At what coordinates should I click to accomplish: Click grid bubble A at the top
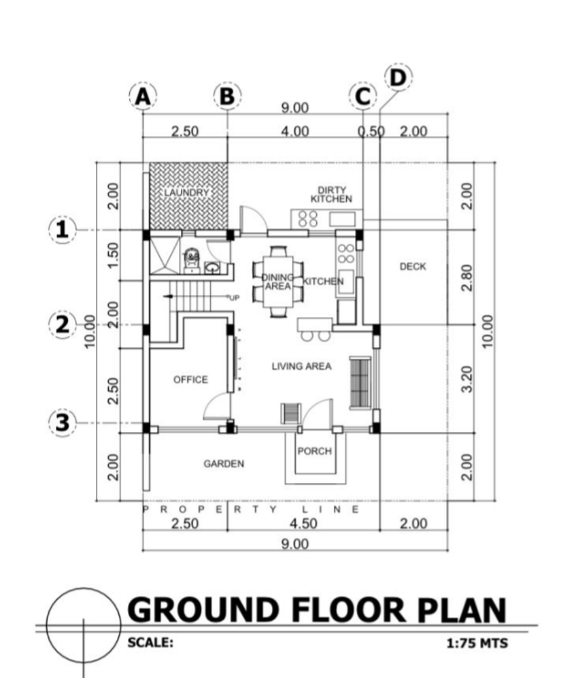[142, 97]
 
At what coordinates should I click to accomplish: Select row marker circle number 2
[63, 324]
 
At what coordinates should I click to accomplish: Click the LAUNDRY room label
[186, 193]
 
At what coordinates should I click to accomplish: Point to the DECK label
[413, 267]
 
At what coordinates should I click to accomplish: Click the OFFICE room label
[190, 379]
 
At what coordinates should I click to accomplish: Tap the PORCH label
[314, 451]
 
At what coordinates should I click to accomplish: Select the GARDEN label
[224, 464]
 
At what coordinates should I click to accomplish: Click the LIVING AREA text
[301, 367]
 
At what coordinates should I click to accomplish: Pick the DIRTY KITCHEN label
[331, 194]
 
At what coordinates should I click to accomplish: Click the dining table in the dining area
[279, 282]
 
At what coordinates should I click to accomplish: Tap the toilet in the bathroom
[192, 259]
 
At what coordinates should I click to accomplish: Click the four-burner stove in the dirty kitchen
[308, 218]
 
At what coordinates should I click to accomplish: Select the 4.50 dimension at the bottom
[302, 524]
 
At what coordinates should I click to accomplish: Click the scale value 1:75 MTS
[476, 642]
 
